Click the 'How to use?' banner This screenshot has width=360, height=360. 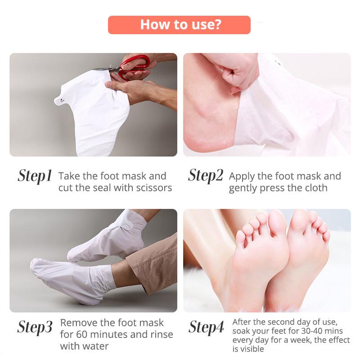pos(180,24)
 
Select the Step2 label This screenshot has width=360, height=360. pos(205,175)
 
